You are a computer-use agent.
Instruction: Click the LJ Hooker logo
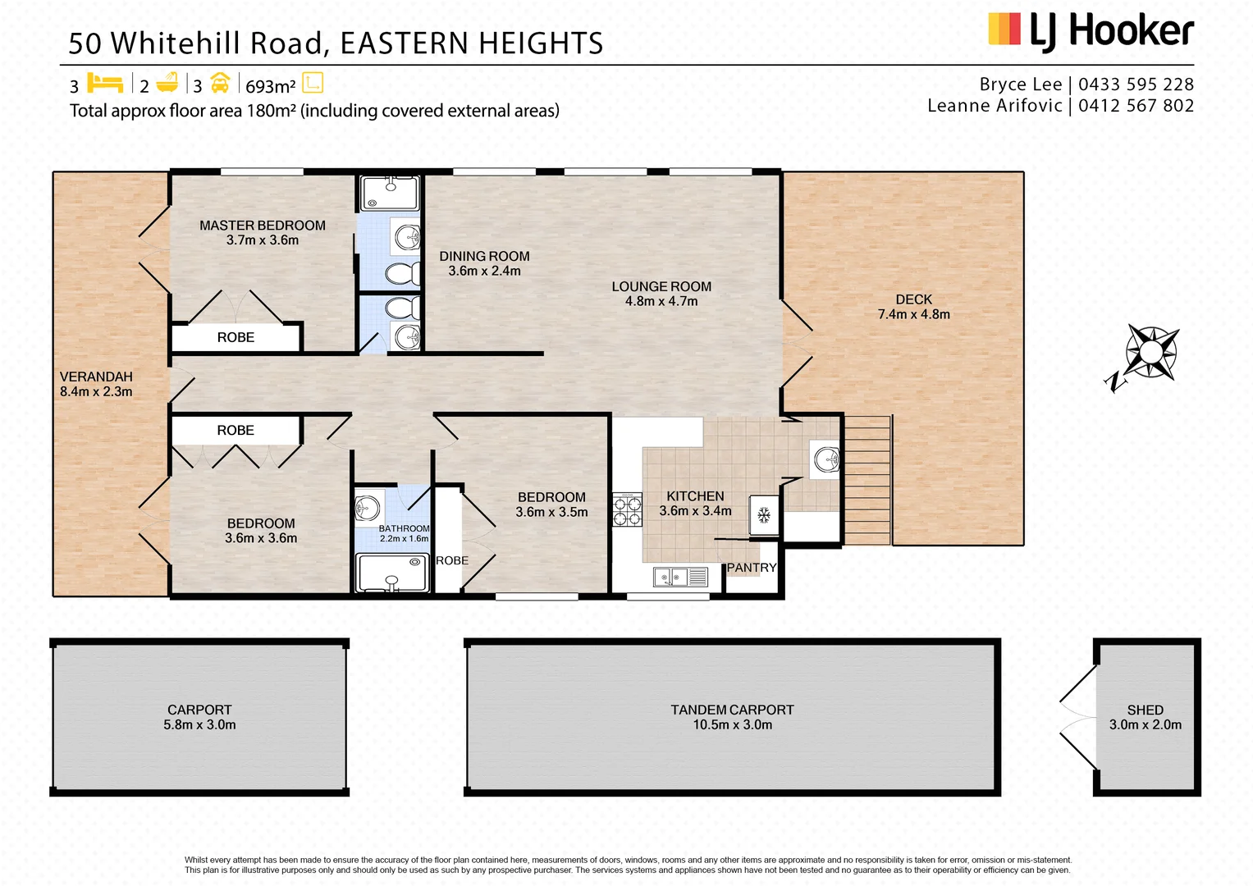(1091, 31)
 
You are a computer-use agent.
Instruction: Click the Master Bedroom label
(263, 226)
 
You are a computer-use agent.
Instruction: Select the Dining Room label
(484, 257)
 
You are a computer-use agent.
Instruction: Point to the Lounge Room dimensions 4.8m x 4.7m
(661, 302)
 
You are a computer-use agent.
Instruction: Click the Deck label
(913, 299)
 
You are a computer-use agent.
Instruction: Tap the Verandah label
(96, 377)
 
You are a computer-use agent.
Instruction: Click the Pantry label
(751, 568)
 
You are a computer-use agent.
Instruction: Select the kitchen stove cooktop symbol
(628, 509)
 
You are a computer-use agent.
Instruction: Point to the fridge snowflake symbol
(764, 515)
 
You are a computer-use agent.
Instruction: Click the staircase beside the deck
(867, 480)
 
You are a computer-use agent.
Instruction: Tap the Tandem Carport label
(732, 710)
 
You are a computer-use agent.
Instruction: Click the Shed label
(1145, 710)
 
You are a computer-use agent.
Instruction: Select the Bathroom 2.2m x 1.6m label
(404, 533)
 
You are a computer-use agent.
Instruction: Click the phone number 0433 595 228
(1136, 84)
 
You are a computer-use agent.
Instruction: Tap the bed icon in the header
(104, 84)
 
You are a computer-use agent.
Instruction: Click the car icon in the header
(220, 83)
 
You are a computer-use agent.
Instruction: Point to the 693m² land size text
(270, 86)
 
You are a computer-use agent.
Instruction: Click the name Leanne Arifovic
(995, 106)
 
